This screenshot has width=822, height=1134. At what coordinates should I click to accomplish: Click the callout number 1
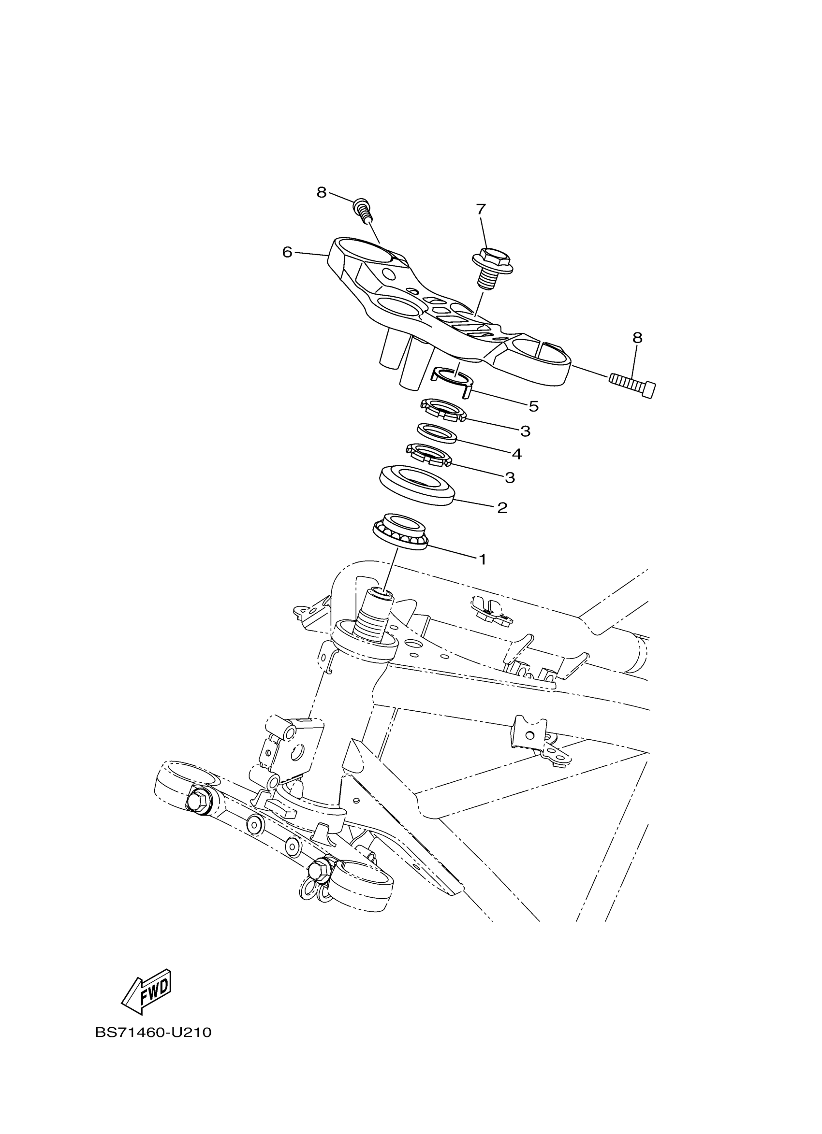pos(483,560)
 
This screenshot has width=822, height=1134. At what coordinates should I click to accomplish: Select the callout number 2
pos(502,508)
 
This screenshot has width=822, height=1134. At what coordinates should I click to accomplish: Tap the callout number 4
pos(517,454)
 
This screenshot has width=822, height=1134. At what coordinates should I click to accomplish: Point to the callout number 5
pos(534,406)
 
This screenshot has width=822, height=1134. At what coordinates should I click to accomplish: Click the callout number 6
pos(287,253)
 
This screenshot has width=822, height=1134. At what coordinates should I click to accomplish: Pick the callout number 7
pos(481,209)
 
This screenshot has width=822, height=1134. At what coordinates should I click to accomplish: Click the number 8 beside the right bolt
pos(637,338)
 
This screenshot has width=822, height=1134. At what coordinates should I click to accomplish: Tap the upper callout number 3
pos(525,431)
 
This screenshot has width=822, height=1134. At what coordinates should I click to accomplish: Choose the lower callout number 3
pos(510,478)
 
